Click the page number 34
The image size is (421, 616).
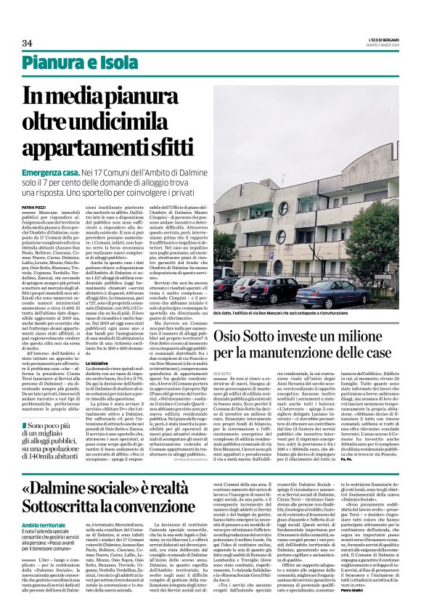[28, 44]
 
